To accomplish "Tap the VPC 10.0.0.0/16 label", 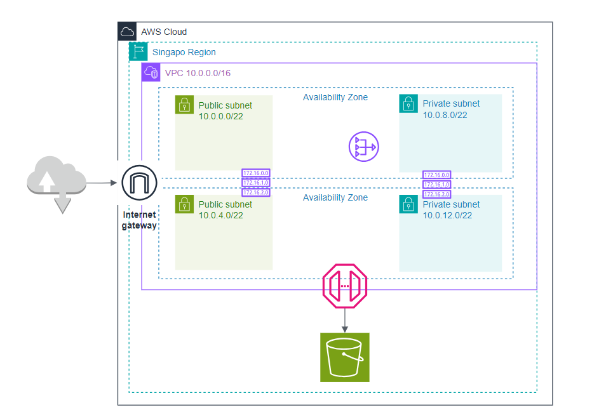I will [198, 73].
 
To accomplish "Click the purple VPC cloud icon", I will [151, 72].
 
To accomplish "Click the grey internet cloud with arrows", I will [56, 183].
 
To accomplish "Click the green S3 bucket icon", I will [344, 357].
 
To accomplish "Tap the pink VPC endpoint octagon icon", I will [345, 286].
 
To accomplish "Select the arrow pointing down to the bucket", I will [345, 319].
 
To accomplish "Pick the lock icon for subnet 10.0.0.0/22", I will [184, 105].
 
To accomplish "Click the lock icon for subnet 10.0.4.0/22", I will [184, 204].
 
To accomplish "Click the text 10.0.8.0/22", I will [445, 115].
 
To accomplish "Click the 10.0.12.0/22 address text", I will [447, 216].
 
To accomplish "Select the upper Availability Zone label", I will [335, 97].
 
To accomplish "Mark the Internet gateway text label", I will [139, 220].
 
